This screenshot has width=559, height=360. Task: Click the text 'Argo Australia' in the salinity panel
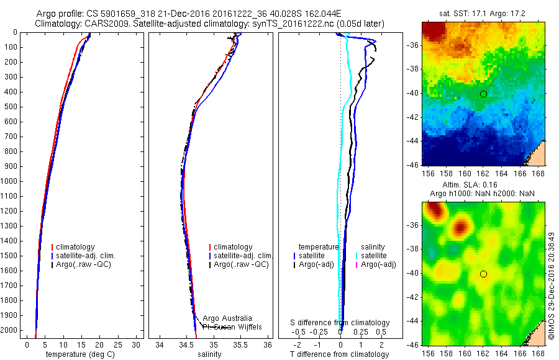227,318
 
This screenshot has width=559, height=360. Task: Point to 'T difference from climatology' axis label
340,354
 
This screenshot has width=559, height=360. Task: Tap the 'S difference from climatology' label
340,323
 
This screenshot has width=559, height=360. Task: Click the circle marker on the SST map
483,94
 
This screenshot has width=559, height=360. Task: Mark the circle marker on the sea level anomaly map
483,274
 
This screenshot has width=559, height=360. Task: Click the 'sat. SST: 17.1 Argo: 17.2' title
483,14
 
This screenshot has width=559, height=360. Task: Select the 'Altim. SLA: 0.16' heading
483,184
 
